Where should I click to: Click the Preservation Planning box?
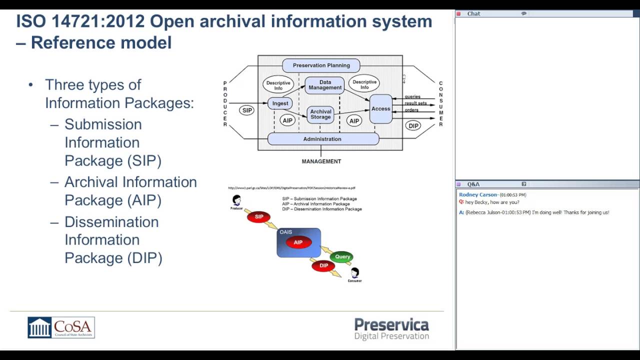pyautogui.click(x=321, y=65)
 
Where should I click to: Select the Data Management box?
pyautogui.click(x=324, y=85)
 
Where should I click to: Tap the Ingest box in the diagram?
pyautogui.click(x=280, y=103)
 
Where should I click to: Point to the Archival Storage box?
pyautogui.click(x=320, y=114)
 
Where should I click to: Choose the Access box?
pyautogui.click(x=380, y=108)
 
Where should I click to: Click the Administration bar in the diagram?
pyautogui.click(x=322, y=139)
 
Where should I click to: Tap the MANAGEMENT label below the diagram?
pyautogui.click(x=321, y=161)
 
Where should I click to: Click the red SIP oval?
pyautogui.click(x=259, y=216)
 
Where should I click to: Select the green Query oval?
pyautogui.click(x=342, y=256)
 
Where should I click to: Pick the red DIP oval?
pyautogui.click(x=323, y=265)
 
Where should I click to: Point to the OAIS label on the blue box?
pyautogui.click(x=286, y=232)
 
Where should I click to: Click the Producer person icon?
pyautogui.click(x=236, y=200)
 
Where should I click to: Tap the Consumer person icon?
pyautogui.click(x=354, y=273)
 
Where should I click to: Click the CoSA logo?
pyautogui.click(x=61, y=327)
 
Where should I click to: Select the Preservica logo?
pyautogui.click(x=391, y=329)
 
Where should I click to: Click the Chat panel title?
pyautogui.click(x=473, y=13)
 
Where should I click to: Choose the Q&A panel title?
pyautogui.click(x=473, y=184)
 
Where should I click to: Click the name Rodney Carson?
pyautogui.click(x=478, y=194)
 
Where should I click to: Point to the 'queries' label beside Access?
pyautogui.click(x=412, y=96)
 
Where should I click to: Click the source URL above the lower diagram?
pyautogui.click(x=291, y=188)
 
